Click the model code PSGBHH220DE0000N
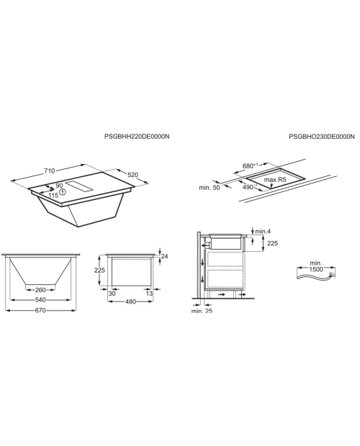coord(137,137)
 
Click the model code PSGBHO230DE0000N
coord(322,137)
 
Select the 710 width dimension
coord(49,170)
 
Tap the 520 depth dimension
coord(132,175)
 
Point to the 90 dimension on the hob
coord(59,186)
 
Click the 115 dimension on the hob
coord(53,195)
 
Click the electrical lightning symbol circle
coord(63,192)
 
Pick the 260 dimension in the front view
coord(40,290)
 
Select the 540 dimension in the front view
coord(40,300)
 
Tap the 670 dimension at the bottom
coord(40,310)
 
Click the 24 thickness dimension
coord(164,256)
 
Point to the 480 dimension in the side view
coord(130,301)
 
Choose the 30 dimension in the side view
coord(112,293)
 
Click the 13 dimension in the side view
coord(150,293)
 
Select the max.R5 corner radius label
coord(274,180)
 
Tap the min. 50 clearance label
coord(210,188)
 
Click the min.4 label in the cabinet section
coord(263,232)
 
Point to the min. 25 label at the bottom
coord(202,311)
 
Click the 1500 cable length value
coord(316,269)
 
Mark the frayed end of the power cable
coord(332,275)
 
